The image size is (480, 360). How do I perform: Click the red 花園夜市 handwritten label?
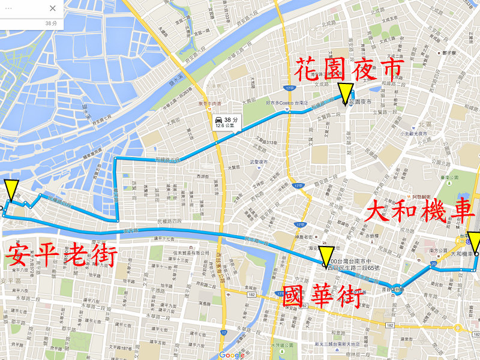(x=347, y=70)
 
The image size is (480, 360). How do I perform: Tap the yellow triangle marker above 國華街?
(x=326, y=256)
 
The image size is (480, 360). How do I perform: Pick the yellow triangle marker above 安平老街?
(x=11, y=190)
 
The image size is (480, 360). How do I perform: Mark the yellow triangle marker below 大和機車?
(x=474, y=242)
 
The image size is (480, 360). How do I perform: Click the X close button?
(x=52, y=8)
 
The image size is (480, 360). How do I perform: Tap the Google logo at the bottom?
(x=232, y=355)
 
